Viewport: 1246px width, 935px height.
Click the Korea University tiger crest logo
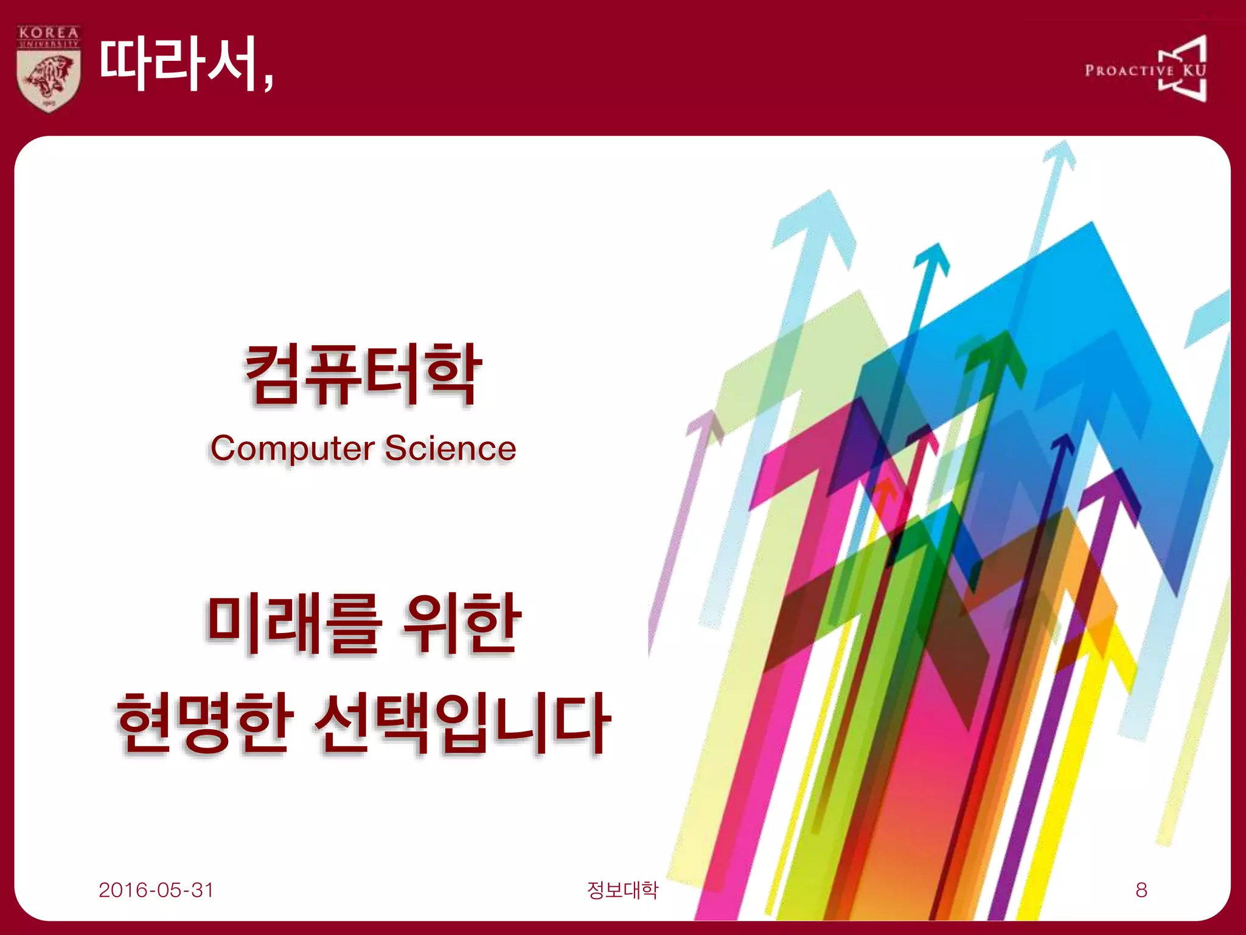[49, 79]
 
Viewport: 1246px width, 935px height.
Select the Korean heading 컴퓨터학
[363, 374]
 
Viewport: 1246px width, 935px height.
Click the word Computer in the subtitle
[292, 449]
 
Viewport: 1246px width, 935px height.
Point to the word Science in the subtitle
[450, 449]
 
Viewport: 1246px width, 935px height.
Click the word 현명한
[201, 723]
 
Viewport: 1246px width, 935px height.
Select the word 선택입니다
[462, 723]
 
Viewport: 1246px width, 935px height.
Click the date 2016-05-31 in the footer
[156, 890]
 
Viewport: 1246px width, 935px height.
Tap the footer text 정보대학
[622, 890]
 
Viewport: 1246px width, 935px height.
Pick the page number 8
[1141, 890]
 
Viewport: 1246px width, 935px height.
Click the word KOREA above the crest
[49, 32]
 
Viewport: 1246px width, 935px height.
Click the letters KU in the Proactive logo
[1194, 70]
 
